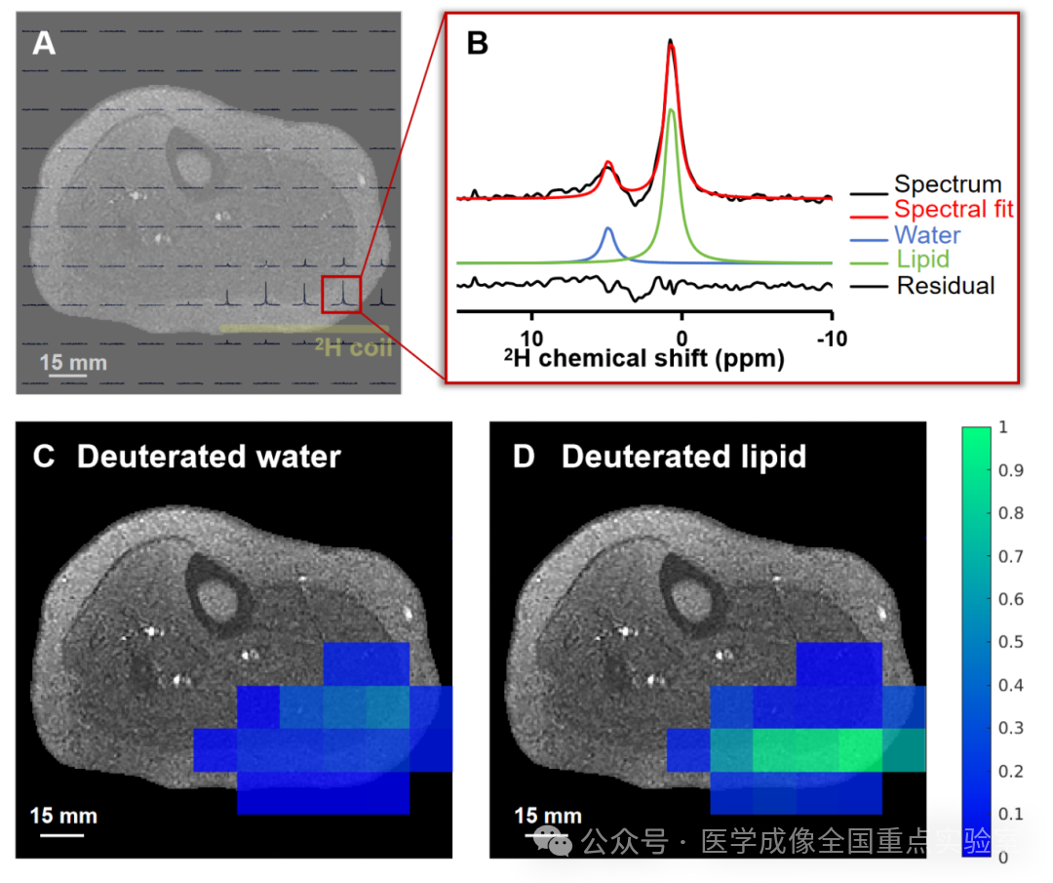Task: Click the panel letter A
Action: point(44,43)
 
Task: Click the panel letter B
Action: point(478,43)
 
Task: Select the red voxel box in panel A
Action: point(341,295)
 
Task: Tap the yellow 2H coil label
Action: point(353,346)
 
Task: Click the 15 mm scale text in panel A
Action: point(73,362)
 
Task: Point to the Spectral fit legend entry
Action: point(953,209)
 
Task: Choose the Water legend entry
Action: point(927,234)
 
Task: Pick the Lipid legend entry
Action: point(922,260)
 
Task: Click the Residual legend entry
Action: point(946,286)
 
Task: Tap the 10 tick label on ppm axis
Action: point(531,338)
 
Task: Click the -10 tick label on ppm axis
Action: point(832,338)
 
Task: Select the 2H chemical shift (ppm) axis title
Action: point(644,358)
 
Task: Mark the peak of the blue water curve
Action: point(608,228)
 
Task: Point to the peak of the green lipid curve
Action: point(671,109)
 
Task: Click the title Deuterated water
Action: point(209,457)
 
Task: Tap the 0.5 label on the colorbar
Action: point(1011,642)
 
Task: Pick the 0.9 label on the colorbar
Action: point(1011,470)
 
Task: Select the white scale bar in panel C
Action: point(61,834)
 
